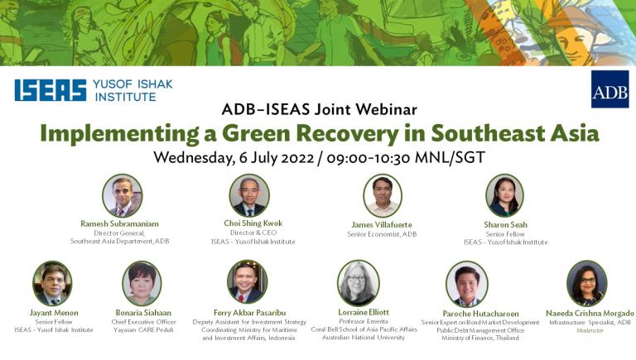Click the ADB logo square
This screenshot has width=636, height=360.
click(609, 89)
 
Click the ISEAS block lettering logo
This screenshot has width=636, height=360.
click(51, 90)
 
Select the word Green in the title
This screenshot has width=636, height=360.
click(257, 133)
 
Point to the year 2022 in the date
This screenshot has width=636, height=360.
click(297, 157)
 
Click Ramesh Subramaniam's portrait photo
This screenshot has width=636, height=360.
click(122, 196)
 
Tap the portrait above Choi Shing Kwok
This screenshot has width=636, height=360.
click(249, 195)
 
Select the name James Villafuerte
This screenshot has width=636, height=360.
click(382, 224)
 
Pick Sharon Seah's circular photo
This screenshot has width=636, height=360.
click(504, 195)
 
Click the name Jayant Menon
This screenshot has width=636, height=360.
click(54, 313)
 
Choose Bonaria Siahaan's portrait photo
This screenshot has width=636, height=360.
click(142, 283)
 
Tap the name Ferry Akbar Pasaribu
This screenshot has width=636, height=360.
click(250, 313)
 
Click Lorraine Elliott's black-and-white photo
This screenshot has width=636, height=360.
click(358, 283)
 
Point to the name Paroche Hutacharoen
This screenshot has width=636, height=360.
click(480, 314)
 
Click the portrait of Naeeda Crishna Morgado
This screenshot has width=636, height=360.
click(587, 283)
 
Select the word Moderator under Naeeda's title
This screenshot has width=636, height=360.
click(590, 331)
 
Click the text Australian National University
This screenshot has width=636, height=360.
click(364, 338)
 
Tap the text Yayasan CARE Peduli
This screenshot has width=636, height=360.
click(143, 330)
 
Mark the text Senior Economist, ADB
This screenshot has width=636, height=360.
click(382, 234)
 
